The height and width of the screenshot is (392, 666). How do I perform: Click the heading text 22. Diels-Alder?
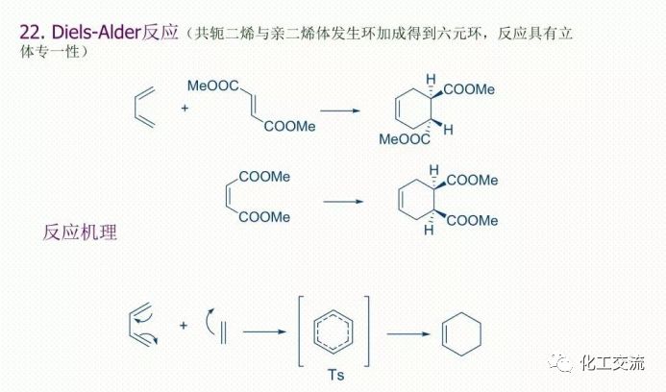[81, 33]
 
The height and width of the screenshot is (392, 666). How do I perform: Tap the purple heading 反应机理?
[80, 233]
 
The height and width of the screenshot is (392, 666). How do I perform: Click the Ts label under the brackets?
[335, 375]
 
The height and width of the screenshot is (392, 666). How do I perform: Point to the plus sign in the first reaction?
[185, 108]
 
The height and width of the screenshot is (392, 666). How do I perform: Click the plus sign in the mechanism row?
[183, 326]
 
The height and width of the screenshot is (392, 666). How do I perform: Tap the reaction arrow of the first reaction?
[340, 110]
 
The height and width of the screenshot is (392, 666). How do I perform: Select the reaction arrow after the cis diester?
[343, 202]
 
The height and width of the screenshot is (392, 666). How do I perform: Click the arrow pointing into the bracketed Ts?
[264, 331]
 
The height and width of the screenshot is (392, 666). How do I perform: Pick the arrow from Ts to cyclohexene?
[408, 333]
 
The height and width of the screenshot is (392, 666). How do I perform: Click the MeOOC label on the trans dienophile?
[213, 86]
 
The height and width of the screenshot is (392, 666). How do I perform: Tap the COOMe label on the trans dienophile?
[289, 126]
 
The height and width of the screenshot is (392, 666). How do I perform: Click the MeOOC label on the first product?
[405, 139]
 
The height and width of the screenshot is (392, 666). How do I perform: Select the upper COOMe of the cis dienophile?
[264, 176]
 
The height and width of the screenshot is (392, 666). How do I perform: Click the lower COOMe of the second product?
[472, 220]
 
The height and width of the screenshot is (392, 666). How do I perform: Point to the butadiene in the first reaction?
[144, 108]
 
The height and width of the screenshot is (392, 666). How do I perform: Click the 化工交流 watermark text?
[612, 363]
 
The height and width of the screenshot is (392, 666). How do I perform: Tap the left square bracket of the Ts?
[302, 331]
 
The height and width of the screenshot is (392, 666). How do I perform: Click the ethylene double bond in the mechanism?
[223, 333]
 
